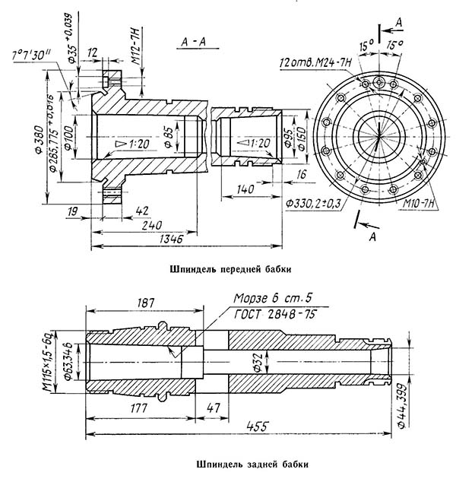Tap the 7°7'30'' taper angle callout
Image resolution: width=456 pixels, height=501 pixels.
point(33,56)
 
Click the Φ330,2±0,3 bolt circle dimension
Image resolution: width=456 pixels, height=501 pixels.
point(312,203)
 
